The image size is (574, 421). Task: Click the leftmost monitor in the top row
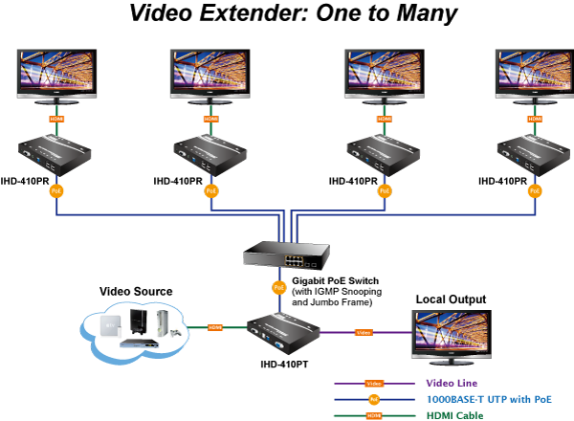(55, 74)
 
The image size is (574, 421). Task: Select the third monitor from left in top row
(384, 74)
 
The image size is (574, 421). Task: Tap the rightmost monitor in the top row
(534, 74)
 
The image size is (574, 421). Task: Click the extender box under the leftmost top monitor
(55, 153)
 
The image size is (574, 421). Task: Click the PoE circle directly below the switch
(279, 287)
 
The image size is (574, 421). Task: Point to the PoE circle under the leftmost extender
(55, 190)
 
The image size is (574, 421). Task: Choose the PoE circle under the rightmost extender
(535, 190)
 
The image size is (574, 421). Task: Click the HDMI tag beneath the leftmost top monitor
(55, 120)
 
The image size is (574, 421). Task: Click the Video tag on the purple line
(364, 332)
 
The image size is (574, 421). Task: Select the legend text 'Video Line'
(452, 383)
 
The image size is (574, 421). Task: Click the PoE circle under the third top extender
(384, 190)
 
